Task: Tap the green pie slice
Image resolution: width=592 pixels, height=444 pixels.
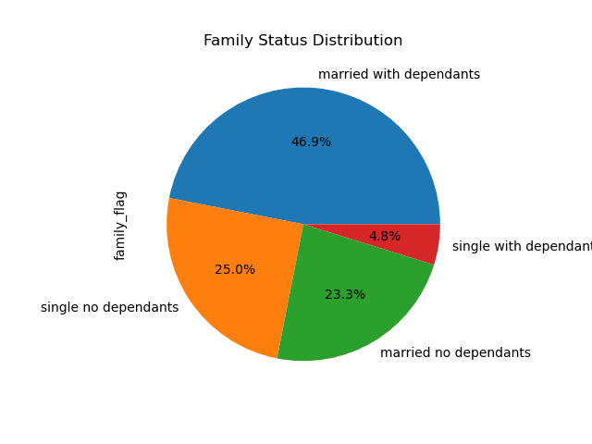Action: click(x=351, y=305)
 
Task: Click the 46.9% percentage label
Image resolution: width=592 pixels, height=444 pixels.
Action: click(x=311, y=142)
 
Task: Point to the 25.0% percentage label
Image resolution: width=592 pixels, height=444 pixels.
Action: click(x=235, y=270)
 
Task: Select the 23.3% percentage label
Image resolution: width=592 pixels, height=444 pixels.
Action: click(x=345, y=295)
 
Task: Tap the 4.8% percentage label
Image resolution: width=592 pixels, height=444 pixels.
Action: click(x=385, y=237)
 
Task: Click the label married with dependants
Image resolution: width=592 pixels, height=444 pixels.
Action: click(x=399, y=75)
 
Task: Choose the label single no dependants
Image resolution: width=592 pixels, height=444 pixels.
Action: click(x=109, y=308)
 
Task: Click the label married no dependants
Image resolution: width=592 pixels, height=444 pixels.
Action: click(x=455, y=353)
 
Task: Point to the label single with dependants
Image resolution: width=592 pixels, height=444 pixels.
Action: click(x=522, y=247)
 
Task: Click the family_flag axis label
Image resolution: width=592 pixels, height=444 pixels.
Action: click(x=120, y=225)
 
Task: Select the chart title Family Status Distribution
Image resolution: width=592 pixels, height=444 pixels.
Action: click(x=302, y=41)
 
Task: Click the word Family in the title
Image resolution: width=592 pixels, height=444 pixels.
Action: click(x=225, y=41)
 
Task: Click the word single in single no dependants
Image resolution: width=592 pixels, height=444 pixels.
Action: click(x=58, y=308)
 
